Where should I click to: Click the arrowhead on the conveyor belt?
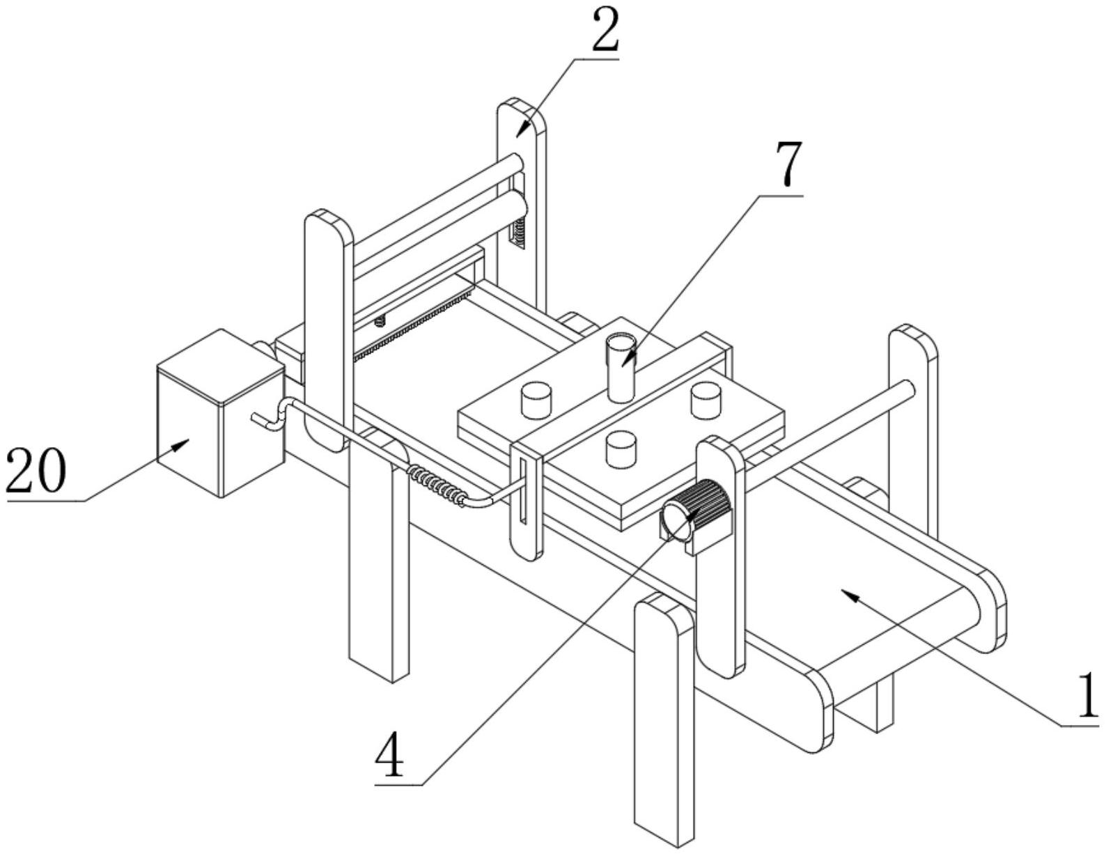(851, 594)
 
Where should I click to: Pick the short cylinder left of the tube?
(536, 400)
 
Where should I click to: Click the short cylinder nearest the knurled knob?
(621, 448)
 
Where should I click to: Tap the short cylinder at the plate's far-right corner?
(704, 400)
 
